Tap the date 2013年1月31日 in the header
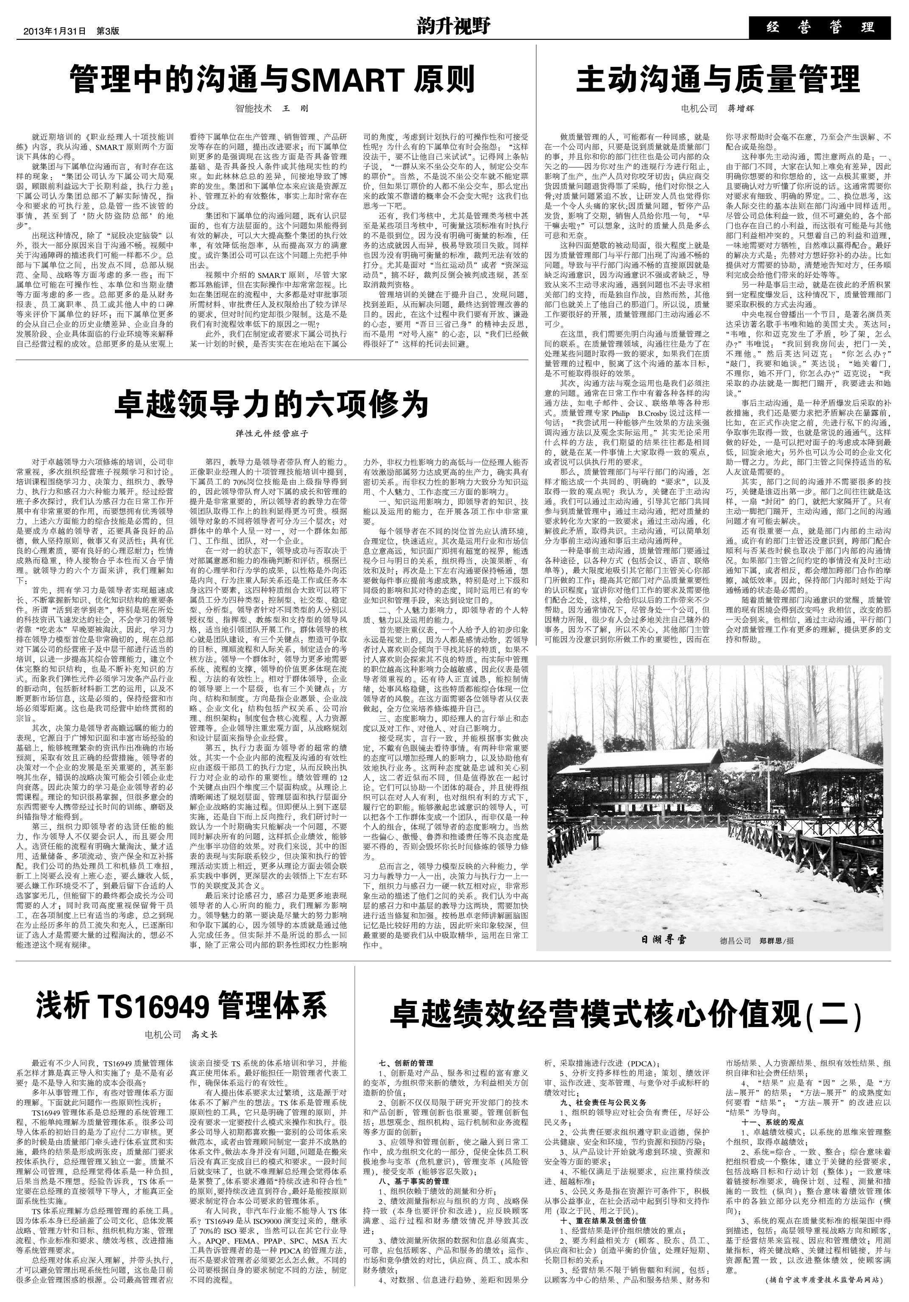54,32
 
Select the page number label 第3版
108,32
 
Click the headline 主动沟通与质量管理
718,79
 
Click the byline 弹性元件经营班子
271,433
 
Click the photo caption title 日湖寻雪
664,940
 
